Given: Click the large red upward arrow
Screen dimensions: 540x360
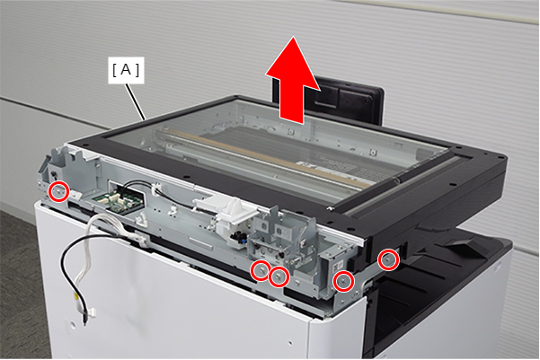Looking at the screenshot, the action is tap(292, 81).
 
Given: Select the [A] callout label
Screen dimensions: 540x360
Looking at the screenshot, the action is tap(126, 70).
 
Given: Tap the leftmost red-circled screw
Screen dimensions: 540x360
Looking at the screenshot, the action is tap(58, 191).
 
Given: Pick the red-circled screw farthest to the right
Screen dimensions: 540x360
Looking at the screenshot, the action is tap(388, 259).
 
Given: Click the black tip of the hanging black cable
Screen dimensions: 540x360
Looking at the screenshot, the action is tap(84, 320).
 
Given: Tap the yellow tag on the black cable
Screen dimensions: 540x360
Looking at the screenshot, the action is tap(75, 295).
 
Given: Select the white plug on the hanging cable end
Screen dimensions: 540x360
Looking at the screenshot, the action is tap(91, 312).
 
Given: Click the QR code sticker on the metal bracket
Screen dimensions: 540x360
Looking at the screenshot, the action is tap(337, 265).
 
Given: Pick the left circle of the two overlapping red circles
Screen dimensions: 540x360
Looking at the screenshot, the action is tap(261, 271).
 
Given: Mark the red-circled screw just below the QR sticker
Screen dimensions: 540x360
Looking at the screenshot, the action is tap(343, 281).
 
